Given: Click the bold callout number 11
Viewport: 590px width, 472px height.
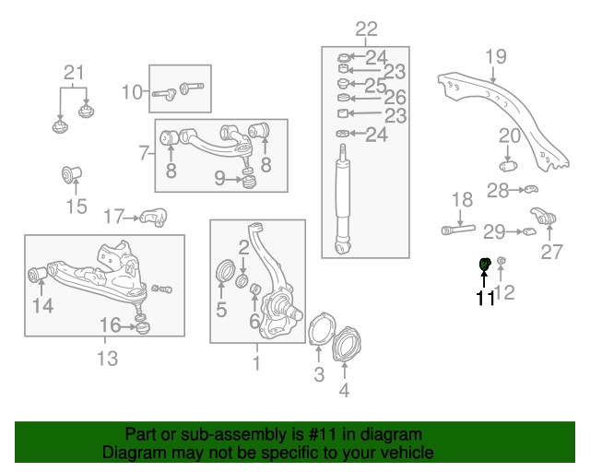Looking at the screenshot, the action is pos(485,298).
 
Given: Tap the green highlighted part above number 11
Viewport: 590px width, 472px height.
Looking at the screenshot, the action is pos(485,266).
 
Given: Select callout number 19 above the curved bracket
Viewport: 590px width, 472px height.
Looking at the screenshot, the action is pos(496,57).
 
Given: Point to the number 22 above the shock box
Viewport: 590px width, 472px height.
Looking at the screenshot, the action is pos(366,29).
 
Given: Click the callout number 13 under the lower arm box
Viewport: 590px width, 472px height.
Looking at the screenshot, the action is pos(108,359).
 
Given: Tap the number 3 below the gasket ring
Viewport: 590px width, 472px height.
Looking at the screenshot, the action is pos(319,374).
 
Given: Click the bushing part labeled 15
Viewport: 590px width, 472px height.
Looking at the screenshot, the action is pos(75,172).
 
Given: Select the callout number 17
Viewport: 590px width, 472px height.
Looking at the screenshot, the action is pos(113,218).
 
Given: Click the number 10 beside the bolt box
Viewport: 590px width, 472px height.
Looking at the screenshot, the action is pos(133,91).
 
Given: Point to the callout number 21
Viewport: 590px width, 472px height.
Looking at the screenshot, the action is pos(73,73).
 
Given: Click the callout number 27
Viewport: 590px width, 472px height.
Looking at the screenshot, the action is pos(551,252).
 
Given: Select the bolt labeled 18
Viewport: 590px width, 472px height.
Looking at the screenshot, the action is pos(458,228).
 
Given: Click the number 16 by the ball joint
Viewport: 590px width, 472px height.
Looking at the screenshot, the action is pos(110,324).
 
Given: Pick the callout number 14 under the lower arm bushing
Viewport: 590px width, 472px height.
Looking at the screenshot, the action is pos(43,305).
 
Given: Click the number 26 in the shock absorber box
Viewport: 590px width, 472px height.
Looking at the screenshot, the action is pos(395,98).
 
